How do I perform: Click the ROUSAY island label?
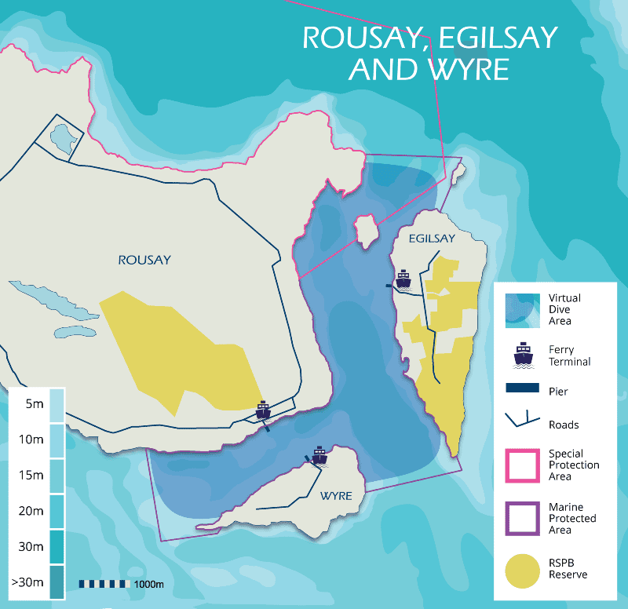pos(144,260)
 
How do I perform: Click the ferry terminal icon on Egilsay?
pos(403,280)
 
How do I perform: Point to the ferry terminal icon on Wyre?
pos(319,455)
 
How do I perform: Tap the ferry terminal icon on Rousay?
pos(264,410)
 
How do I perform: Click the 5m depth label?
pos(34,404)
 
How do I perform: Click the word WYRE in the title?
pos(468,68)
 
